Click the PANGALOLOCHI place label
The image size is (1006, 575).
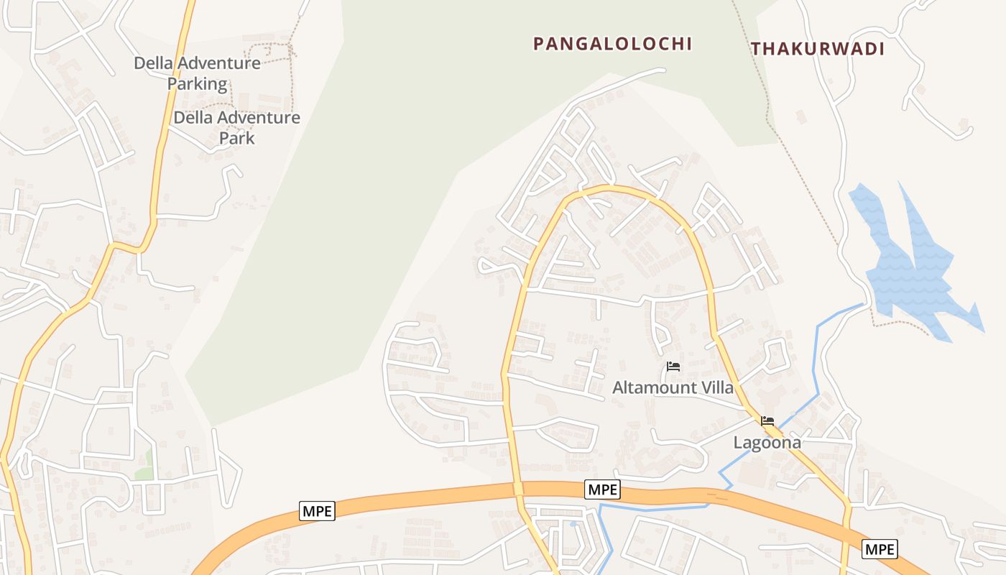[x=612, y=44]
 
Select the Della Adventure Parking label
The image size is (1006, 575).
[x=197, y=73]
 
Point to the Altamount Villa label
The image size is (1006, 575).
[x=673, y=388]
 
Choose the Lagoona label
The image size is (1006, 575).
[x=767, y=443]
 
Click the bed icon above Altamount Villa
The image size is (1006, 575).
[x=673, y=367]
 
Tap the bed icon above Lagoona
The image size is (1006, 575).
[x=767, y=421]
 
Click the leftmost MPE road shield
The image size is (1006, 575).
[x=317, y=511]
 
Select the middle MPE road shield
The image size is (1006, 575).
[x=602, y=489]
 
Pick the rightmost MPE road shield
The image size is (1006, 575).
[x=880, y=550]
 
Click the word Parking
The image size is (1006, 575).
[x=197, y=84]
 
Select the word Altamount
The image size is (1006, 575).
[x=654, y=388]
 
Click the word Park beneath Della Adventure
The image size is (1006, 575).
[x=236, y=137]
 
